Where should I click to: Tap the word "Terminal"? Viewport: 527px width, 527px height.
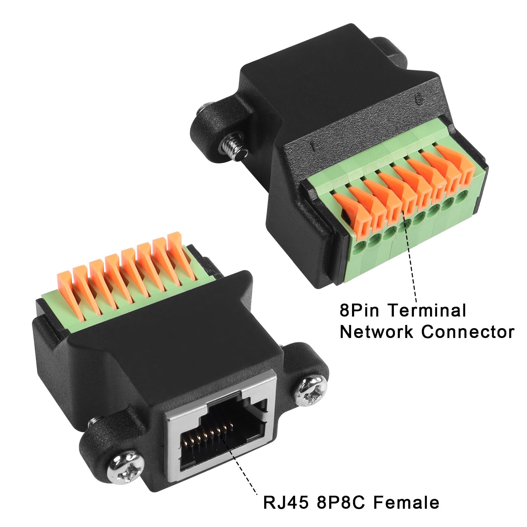(x=428, y=311)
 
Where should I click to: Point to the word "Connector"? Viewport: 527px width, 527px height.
(x=468, y=332)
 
